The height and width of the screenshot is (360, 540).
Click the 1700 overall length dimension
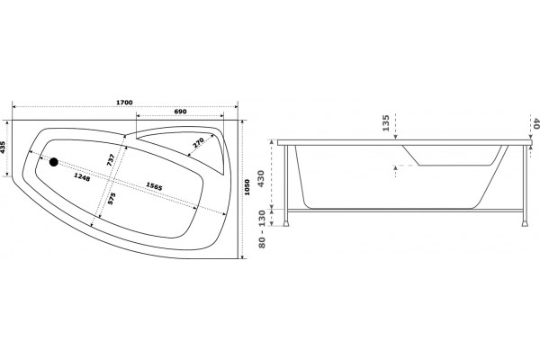(x=124, y=103)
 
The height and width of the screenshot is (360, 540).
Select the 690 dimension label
(x=180, y=112)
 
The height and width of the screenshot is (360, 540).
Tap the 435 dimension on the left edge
(x=3, y=148)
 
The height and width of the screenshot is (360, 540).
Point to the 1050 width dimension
(x=247, y=187)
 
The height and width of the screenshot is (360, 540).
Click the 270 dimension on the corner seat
(x=198, y=142)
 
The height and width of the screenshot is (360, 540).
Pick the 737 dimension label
(x=111, y=160)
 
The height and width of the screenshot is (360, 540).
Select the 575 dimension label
(x=112, y=199)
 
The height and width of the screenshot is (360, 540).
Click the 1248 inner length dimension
(x=82, y=177)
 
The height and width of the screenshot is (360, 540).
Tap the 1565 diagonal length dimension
(x=154, y=186)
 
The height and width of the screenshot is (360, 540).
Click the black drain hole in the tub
(x=54, y=162)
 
